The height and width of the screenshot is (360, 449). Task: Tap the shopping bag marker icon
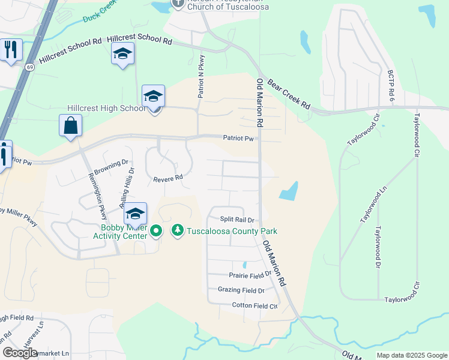coord(70,126)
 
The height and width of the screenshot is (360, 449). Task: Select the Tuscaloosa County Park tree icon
coord(177,230)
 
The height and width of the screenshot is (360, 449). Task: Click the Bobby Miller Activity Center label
coord(124,232)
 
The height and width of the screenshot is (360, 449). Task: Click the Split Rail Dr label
coord(238,220)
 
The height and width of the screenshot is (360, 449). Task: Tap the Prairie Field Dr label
coord(250,275)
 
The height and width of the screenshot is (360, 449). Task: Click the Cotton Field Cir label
coord(255,306)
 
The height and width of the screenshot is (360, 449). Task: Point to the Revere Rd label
coord(167,178)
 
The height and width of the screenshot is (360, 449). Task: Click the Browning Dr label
coord(116,163)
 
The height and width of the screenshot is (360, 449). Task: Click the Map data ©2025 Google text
coord(412,355)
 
